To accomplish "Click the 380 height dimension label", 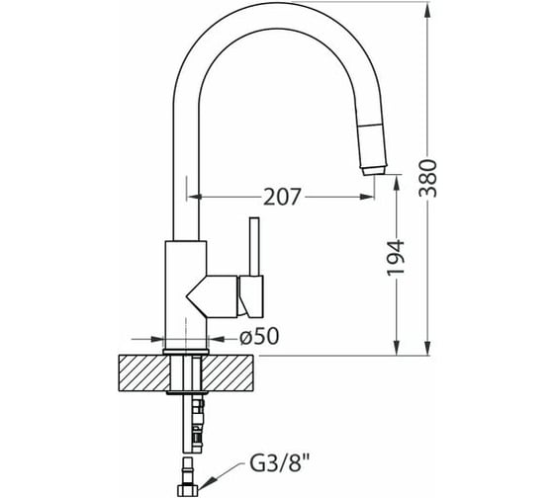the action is [427, 178].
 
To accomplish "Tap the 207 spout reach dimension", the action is [282, 197].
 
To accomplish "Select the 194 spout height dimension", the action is [396, 258].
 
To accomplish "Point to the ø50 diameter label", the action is [259, 336].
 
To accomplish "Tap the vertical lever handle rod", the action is [254, 246].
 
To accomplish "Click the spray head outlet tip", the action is [374, 170].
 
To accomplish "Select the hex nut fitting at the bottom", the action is [187, 490].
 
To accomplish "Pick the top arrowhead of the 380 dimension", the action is [427, 9].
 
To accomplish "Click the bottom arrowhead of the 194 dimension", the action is [397, 348].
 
